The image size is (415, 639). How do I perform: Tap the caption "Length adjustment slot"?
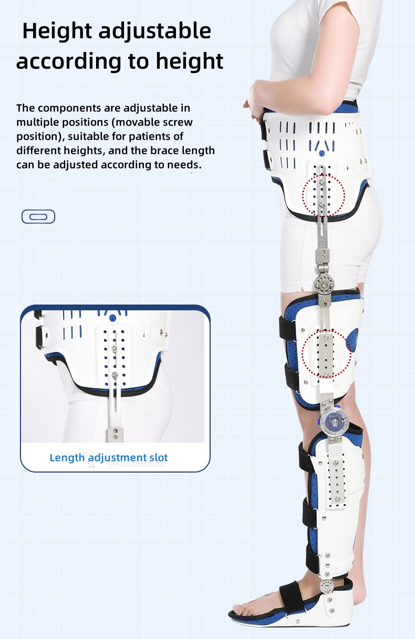tap(109, 458)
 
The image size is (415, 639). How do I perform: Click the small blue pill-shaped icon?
tap(38, 216)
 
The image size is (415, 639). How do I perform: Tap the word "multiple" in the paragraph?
tap(39, 123)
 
